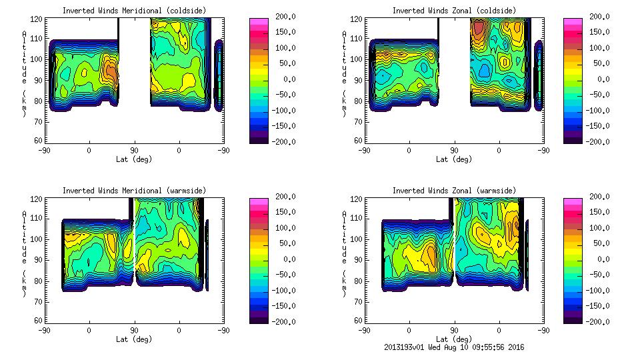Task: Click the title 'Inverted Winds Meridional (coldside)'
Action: coord(134,11)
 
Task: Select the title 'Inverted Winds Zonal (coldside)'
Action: coord(453,11)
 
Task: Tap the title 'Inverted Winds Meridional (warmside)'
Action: coord(134,191)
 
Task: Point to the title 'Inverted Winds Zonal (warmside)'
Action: coord(453,191)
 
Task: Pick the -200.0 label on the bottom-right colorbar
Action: coord(595,322)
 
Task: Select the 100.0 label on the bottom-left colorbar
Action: coord(281,228)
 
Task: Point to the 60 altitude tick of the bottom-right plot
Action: coord(353,320)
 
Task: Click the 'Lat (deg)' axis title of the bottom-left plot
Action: coord(134,339)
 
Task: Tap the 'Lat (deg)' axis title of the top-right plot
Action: coord(453,159)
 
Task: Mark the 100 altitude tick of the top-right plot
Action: coord(351,59)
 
